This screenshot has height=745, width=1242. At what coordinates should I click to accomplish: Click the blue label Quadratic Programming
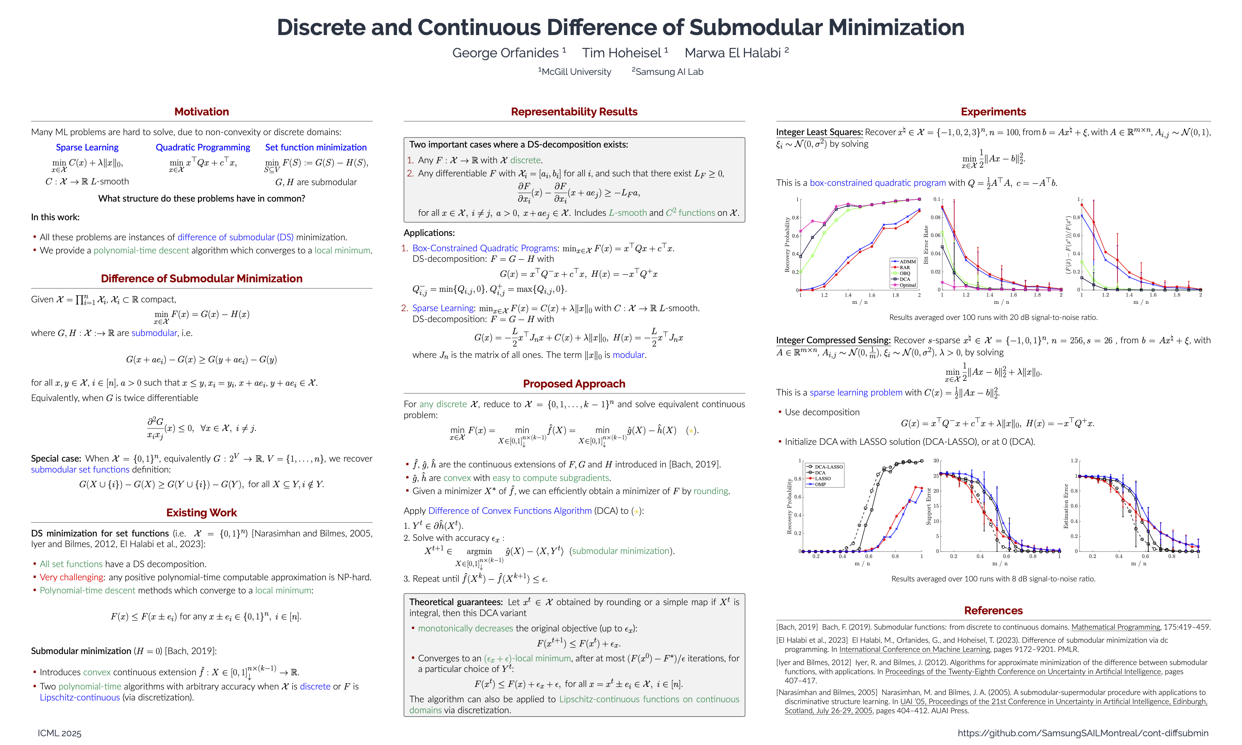pos(203,147)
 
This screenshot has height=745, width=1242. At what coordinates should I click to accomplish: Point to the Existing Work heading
pos(201,513)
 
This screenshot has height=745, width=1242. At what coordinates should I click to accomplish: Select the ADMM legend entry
pos(907,261)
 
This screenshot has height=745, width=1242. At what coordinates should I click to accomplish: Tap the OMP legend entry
pos(820,485)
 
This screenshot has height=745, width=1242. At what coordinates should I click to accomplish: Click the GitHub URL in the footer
pos(1083,733)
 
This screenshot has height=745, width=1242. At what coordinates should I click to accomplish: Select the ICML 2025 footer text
pos(59,733)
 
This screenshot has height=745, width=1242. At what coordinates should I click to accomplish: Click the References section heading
pos(993,611)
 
